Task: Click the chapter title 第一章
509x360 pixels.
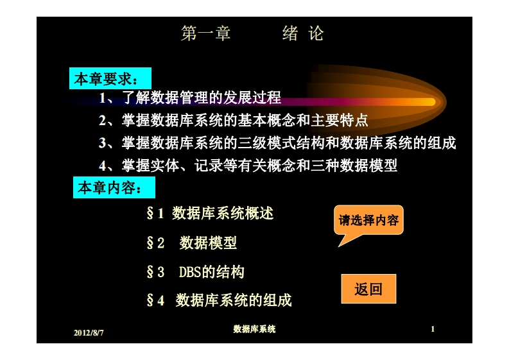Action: (205, 34)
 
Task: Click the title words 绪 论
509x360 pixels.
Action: (303, 34)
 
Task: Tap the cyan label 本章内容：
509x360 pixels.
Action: (108, 189)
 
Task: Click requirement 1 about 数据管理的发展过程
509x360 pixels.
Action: (190, 98)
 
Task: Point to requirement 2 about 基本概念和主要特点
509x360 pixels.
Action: (233, 121)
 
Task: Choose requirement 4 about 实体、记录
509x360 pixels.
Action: (248, 165)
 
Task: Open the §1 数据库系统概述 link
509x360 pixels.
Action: (210, 213)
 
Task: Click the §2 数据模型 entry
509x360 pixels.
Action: (192, 243)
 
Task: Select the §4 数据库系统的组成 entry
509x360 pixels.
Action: (219, 300)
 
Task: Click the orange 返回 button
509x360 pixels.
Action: (368, 289)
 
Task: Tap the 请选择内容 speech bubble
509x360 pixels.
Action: (368, 221)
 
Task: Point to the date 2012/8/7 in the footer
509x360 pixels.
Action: (89, 332)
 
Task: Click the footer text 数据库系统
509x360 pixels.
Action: (254, 329)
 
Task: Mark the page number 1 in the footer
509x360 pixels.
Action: (433, 329)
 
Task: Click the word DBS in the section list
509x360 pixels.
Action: (190, 272)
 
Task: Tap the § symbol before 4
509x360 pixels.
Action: (150, 300)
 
